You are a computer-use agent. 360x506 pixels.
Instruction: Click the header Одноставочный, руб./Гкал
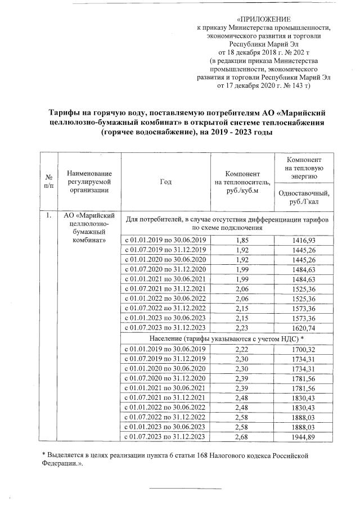[x=304, y=197]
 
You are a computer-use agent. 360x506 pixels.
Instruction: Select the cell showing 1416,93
[x=304, y=240]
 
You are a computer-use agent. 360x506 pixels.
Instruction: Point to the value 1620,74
[x=304, y=328]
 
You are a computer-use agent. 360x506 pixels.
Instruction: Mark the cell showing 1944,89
[x=304, y=437]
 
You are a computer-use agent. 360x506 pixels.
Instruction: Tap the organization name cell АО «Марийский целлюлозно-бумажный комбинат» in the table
[x=85, y=228]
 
